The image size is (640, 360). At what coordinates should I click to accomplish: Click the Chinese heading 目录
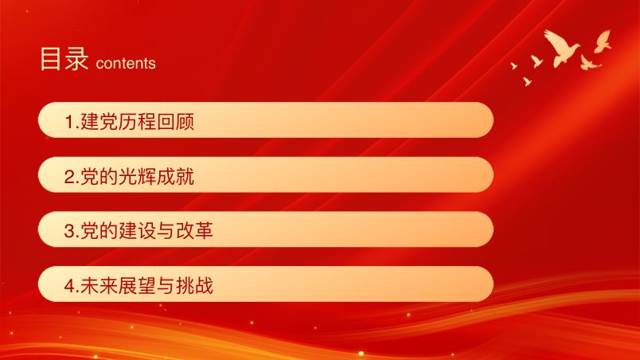coord(64,59)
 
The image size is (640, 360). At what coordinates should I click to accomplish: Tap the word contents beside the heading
coord(126,63)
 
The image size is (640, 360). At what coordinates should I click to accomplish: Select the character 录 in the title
coord(76,59)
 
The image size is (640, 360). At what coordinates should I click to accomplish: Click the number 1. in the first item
coord(72,122)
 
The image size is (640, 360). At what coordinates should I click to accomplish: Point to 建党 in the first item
coord(100,122)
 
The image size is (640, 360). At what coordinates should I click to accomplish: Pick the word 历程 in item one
coord(137,122)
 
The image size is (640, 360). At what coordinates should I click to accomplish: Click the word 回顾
coord(175,122)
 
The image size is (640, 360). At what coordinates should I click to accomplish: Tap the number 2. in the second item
coord(72,177)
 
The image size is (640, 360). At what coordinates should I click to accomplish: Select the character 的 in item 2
coord(108,177)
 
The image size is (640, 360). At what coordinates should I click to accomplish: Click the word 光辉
coord(137,177)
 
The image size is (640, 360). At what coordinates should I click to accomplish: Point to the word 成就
coord(175,177)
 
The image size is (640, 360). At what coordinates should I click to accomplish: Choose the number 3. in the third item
coord(72,231)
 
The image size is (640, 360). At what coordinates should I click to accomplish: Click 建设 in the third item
coord(137,231)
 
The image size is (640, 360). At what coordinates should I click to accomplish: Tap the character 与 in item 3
coord(166,231)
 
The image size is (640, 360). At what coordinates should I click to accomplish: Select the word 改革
coord(194,231)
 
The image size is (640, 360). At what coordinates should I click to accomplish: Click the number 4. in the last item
coord(72,286)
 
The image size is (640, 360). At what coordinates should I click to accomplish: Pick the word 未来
coord(100,286)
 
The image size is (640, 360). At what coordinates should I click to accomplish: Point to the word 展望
coord(137,286)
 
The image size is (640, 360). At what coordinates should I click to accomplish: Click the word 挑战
coord(194,286)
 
